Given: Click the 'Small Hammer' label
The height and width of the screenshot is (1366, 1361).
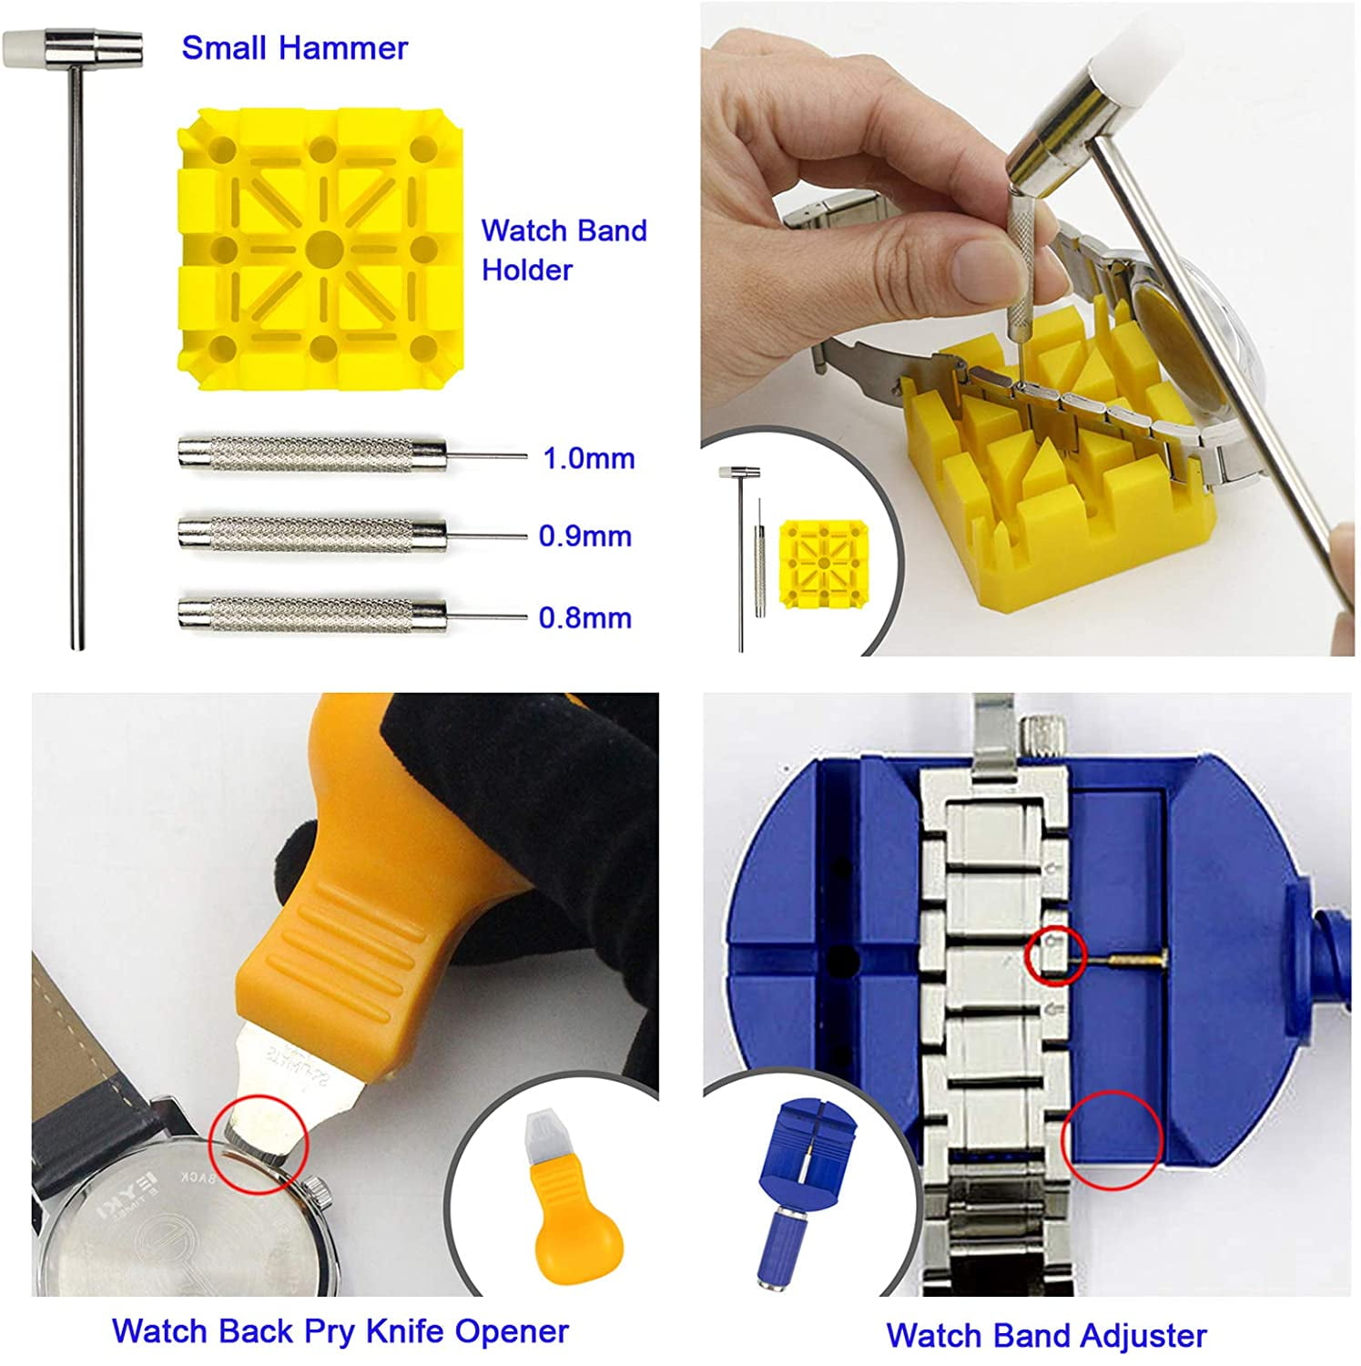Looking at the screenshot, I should [x=294, y=47].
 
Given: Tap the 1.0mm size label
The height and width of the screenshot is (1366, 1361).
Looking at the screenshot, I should [x=588, y=458].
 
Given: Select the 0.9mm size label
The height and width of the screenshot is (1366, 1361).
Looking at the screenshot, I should [x=584, y=535].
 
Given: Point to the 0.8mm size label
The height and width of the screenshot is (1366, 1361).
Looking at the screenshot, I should [x=584, y=617].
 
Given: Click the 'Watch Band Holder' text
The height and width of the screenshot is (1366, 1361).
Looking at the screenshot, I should [x=563, y=250].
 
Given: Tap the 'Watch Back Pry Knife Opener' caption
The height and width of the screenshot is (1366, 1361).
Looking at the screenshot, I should [x=340, y=1330].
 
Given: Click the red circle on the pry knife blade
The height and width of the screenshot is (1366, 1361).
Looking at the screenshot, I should [x=259, y=1143].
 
